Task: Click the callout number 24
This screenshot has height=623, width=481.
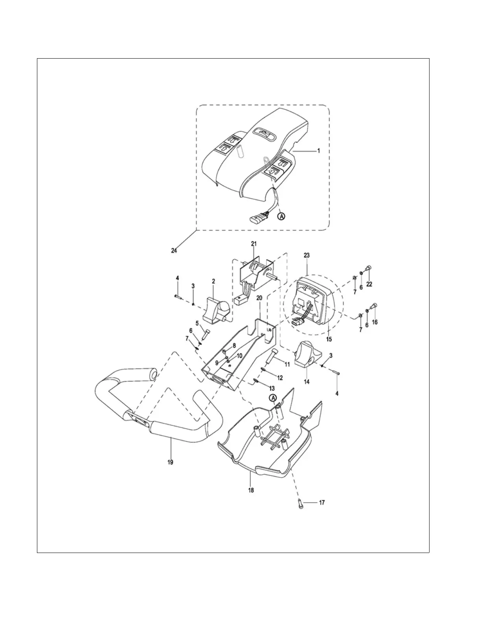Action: (174, 251)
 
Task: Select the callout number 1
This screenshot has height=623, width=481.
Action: (319, 150)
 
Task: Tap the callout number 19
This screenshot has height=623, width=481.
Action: (170, 462)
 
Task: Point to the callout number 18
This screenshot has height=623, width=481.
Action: (251, 490)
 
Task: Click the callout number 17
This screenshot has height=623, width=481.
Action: (321, 503)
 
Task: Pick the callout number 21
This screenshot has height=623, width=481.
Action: (253, 244)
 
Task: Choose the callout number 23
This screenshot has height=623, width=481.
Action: (307, 255)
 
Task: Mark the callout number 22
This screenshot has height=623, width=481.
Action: (369, 284)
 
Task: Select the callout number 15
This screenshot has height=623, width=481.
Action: (329, 339)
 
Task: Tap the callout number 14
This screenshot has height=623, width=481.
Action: (307, 382)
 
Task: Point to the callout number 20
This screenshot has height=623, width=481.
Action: (259, 298)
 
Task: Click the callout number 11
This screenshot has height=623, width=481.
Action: (287, 365)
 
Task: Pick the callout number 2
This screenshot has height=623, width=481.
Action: (213, 281)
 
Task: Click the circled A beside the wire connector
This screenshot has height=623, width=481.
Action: (281, 216)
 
